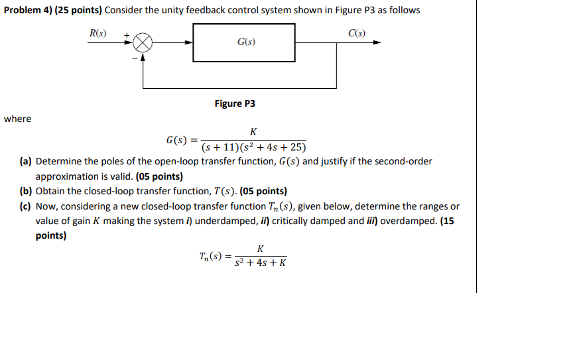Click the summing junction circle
pyautogui.click(x=143, y=43)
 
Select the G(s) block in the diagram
pyautogui.click(x=245, y=42)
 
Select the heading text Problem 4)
pyautogui.click(x=30, y=11)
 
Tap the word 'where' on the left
pyautogui.click(x=17, y=119)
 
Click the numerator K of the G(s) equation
pyautogui.click(x=253, y=132)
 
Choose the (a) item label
pyautogui.click(x=26, y=161)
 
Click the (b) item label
pyautogui.click(x=26, y=191)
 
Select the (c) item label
pyautogui.click(x=26, y=206)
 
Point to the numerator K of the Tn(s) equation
pyautogui.click(x=260, y=249)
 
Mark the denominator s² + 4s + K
pyautogui.click(x=261, y=263)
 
